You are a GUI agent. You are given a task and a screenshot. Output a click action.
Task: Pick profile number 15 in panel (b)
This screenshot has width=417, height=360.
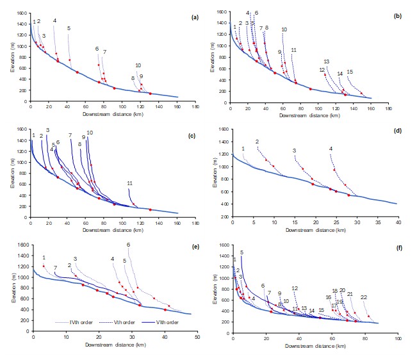click(349, 72)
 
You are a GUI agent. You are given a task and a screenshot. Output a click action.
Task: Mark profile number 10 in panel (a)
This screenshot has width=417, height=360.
click(138, 65)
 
